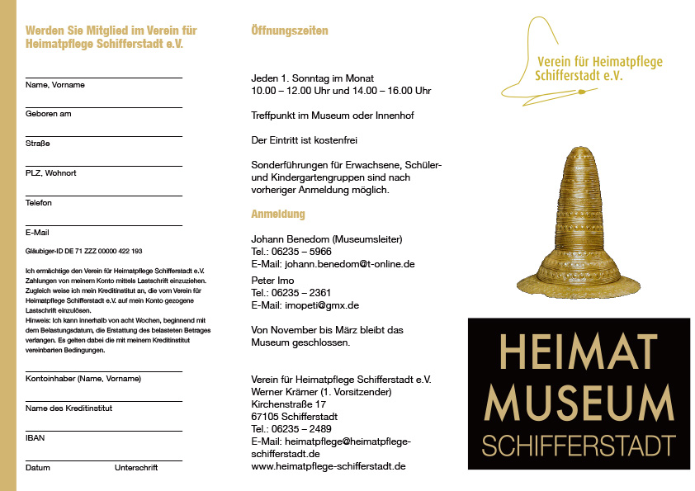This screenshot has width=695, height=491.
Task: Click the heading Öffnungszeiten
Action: [289, 31]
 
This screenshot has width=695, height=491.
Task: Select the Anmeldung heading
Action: [277, 214]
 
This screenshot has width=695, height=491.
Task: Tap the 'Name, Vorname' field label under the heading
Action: [54, 85]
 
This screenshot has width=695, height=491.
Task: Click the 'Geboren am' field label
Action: [48, 114]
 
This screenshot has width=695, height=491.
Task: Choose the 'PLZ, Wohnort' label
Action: [50, 173]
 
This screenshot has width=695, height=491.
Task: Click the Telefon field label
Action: [38, 203]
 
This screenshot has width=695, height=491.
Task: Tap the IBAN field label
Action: [35, 437]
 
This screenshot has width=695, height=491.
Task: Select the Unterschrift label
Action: [135, 467]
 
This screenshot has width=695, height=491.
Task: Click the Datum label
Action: [37, 467]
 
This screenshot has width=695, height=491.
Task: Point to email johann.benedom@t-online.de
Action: [349, 264]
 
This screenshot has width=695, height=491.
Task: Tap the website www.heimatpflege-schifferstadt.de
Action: [328, 466]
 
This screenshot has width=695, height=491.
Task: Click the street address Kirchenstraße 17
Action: [288, 404]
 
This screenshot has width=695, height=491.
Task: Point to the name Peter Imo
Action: [273, 281]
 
